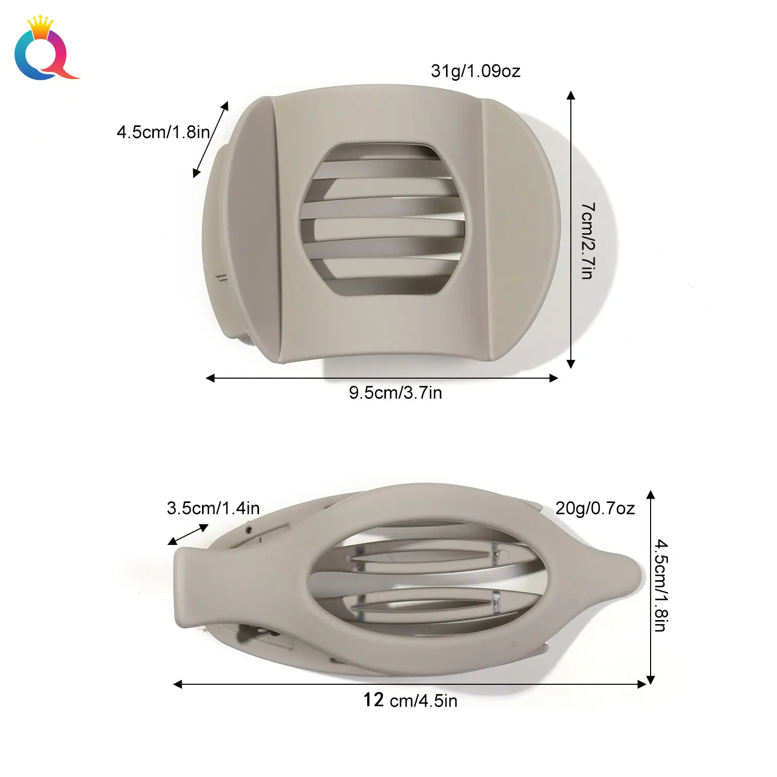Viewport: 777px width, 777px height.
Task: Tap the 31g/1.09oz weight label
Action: (476, 71)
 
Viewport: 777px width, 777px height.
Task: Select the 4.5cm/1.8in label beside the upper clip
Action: (163, 132)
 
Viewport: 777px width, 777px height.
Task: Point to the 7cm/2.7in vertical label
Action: (588, 241)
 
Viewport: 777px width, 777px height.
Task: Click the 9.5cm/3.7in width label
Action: (395, 393)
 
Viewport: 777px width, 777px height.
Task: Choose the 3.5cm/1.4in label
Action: (213, 508)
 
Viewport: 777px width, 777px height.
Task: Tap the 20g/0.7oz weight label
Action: (595, 509)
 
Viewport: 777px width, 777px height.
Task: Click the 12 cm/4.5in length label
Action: (410, 700)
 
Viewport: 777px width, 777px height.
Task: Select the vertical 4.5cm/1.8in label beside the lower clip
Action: (660, 585)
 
